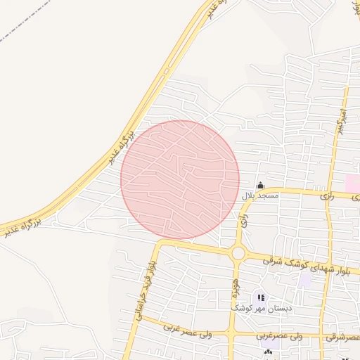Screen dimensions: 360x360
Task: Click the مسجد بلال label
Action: tap(261, 196)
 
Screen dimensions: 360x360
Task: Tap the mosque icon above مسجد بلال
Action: tap(260, 185)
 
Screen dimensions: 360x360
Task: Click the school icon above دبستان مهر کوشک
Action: tap(262, 298)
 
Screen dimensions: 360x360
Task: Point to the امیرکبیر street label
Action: tap(340, 120)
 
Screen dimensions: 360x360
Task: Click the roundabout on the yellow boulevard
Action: tap(238, 253)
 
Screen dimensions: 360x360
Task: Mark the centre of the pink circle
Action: tap(180, 179)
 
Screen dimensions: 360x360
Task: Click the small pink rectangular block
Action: tap(352, 183)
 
